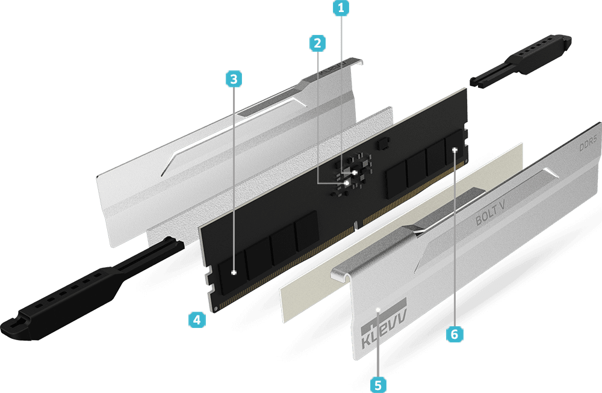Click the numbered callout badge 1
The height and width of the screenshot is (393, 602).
pyautogui.click(x=341, y=8)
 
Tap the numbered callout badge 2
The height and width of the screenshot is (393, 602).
pyautogui.click(x=317, y=43)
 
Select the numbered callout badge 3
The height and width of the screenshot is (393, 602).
pyautogui.click(x=234, y=79)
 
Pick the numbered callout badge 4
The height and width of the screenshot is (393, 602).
pyautogui.click(x=197, y=320)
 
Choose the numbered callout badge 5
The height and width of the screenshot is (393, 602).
pyautogui.click(x=378, y=385)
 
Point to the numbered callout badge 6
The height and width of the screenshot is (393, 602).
pyautogui.click(x=455, y=334)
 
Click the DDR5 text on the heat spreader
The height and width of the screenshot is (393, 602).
pyautogui.click(x=588, y=143)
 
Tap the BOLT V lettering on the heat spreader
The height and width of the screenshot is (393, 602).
pyautogui.click(x=490, y=214)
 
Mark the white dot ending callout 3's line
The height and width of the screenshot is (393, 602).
pyautogui.click(x=234, y=273)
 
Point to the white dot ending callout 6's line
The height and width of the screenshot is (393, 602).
pyautogui.click(x=455, y=150)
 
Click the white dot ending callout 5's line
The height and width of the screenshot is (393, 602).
pyautogui.click(x=378, y=309)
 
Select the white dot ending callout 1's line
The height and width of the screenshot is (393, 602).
pyautogui.click(x=355, y=173)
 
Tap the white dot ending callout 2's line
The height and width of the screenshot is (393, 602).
pyautogui.click(x=347, y=184)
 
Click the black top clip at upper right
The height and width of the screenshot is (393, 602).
pyautogui.click(x=521, y=61)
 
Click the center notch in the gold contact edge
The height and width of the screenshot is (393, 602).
pyautogui.click(x=356, y=224)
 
